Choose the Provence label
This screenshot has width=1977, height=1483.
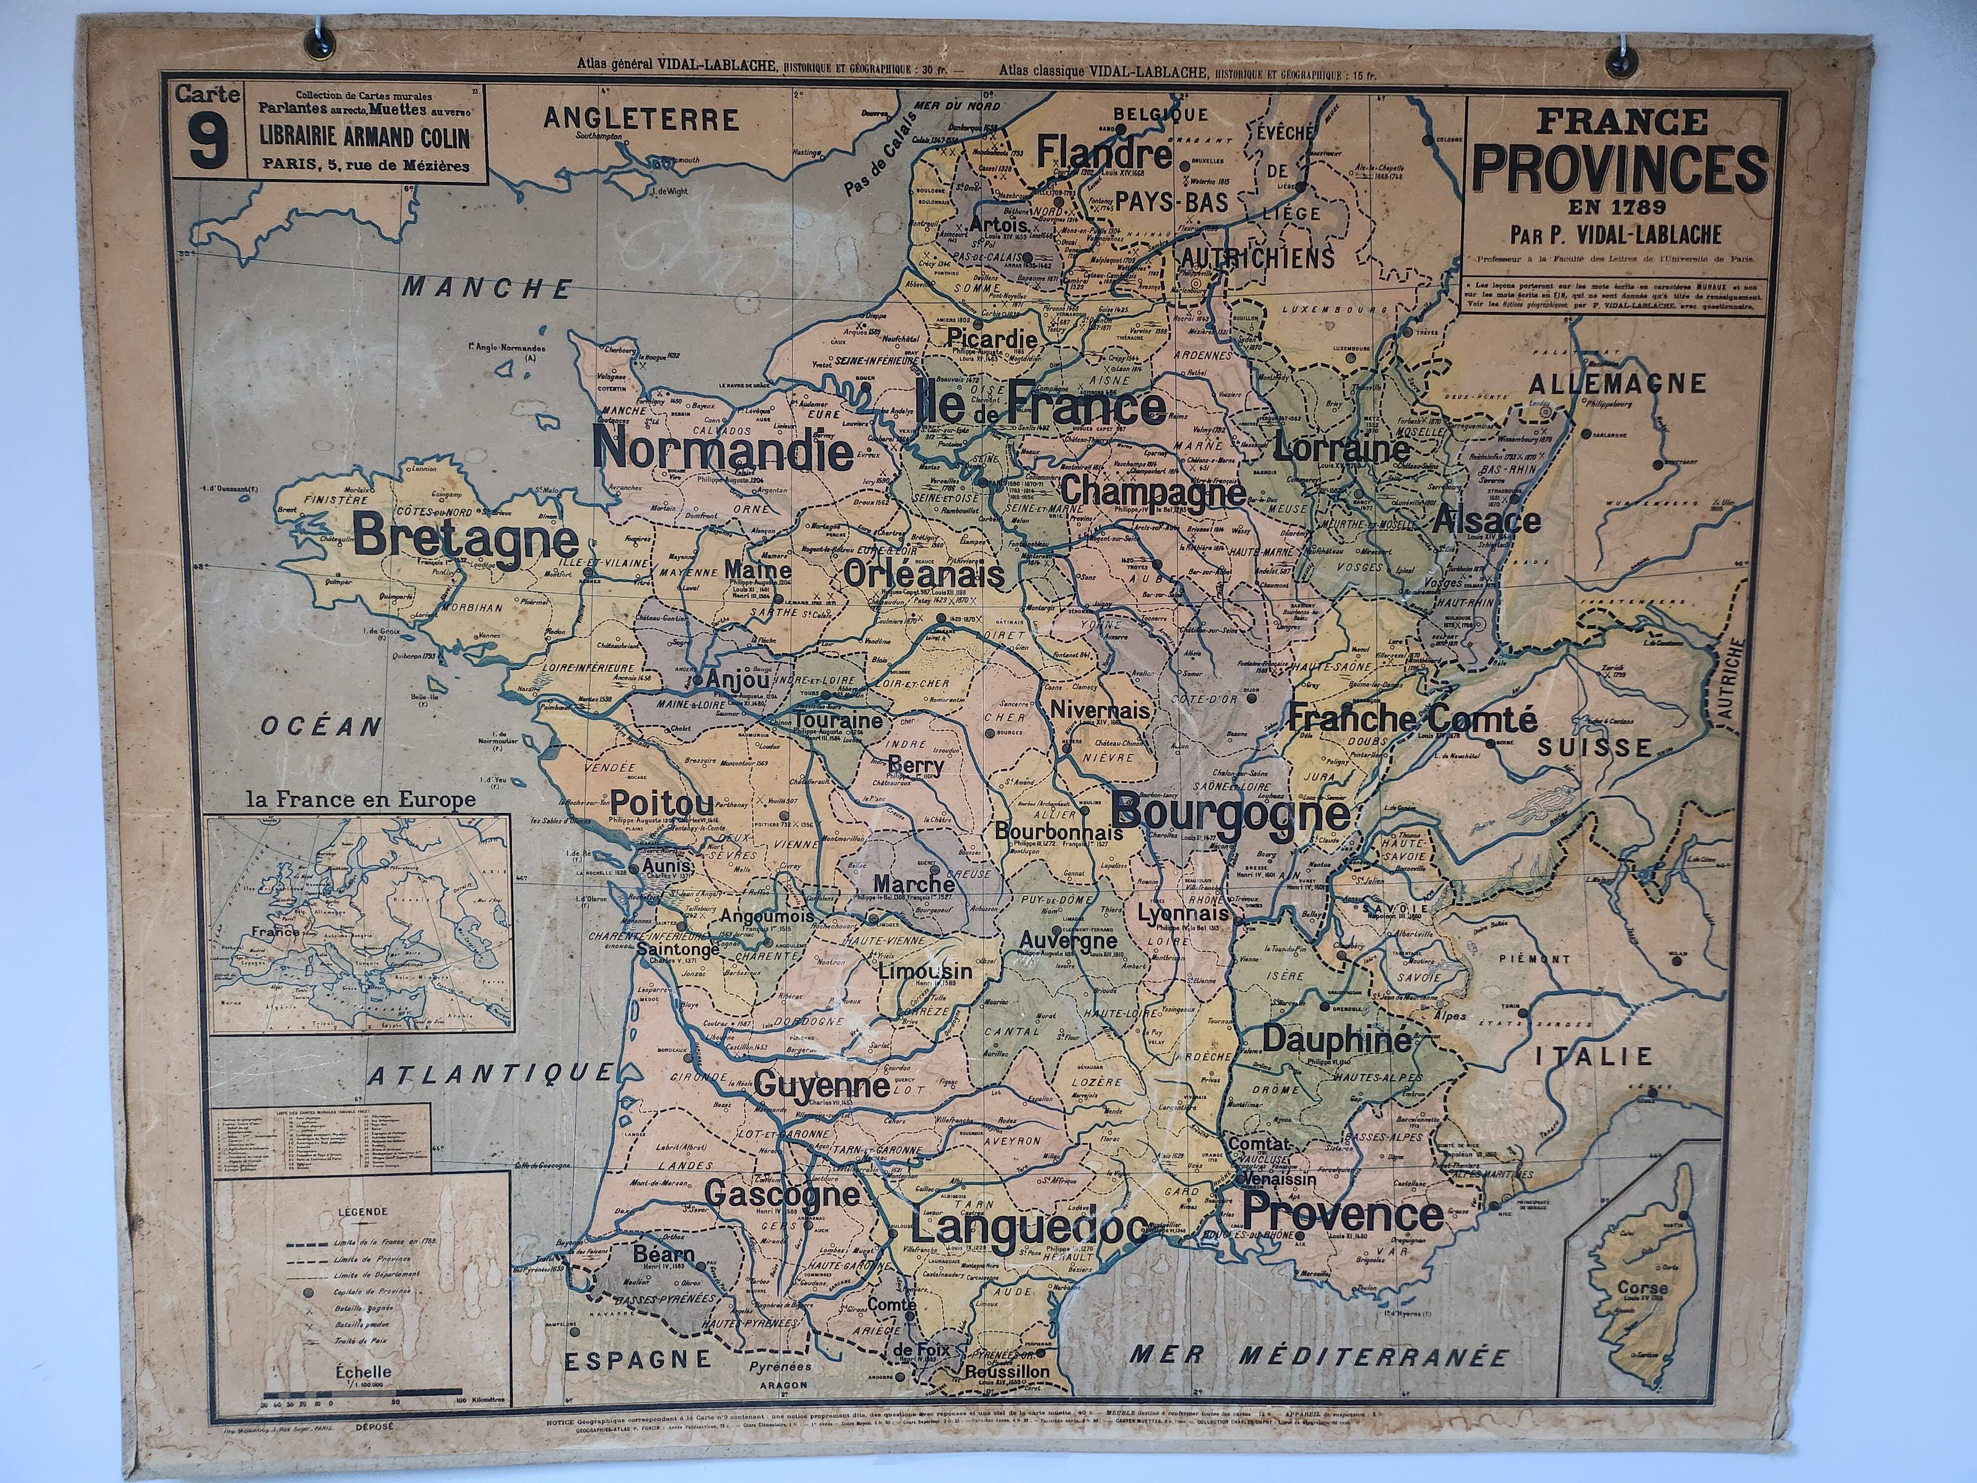[x=1343, y=1214]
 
